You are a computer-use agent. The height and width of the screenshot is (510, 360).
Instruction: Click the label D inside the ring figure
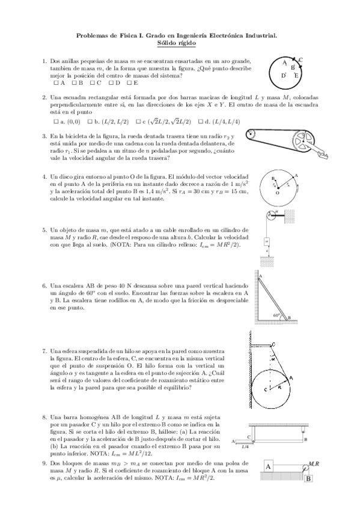click(284, 76)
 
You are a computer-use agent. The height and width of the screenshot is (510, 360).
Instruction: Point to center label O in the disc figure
click(277, 194)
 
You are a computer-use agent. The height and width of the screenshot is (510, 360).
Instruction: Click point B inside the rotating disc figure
click(273, 179)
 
